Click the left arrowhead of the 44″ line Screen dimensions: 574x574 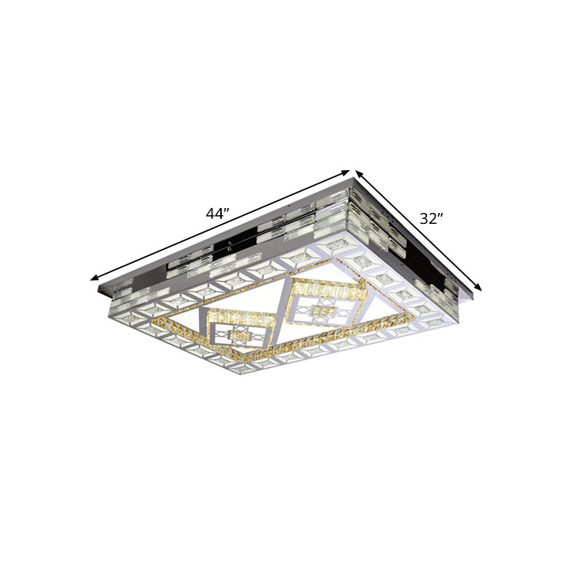[x=93, y=278]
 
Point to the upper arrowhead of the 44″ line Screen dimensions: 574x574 [x=347, y=171]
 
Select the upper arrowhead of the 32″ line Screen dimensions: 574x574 [x=357, y=173]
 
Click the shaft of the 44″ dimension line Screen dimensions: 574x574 [x=215, y=227]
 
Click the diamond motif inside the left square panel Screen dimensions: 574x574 [x=237, y=336]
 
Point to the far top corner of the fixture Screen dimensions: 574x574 [x=352, y=182]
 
